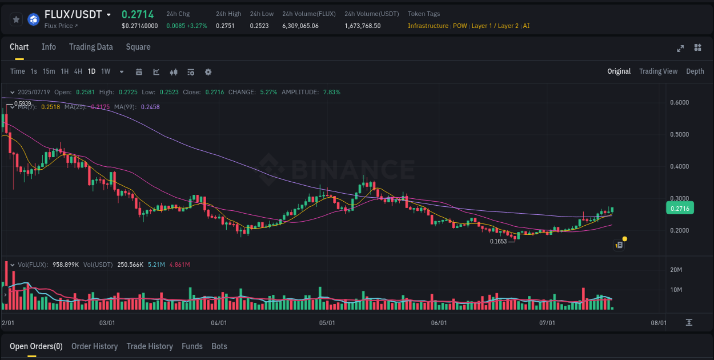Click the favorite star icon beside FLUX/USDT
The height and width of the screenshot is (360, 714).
coord(17,19)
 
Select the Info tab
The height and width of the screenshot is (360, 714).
coord(49,47)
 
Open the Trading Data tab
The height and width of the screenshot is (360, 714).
coord(91,47)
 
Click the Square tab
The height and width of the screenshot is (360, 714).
coord(138,47)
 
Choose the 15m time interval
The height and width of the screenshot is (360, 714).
coord(49,71)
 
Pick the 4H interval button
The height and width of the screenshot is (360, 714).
coord(78,71)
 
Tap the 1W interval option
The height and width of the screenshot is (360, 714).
coord(106,71)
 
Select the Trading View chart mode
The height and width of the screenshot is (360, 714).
coord(658,71)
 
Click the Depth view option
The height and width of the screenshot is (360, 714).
coord(695,71)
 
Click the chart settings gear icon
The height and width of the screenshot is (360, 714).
coord(208,72)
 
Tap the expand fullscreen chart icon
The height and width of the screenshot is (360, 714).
coord(680,48)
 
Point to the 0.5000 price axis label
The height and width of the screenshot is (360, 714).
coord(679,134)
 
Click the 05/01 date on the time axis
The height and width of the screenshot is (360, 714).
coord(327,323)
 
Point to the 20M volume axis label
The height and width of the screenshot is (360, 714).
coord(676,270)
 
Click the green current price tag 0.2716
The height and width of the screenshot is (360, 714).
coord(680,209)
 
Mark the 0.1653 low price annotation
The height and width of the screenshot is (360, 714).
coord(498,241)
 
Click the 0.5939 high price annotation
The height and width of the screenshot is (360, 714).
coord(22,103)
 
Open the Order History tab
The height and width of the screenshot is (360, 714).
coord(94,346)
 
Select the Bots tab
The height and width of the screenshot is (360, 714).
coord(219,346)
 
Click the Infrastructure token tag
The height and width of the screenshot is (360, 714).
coord(428,26)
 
